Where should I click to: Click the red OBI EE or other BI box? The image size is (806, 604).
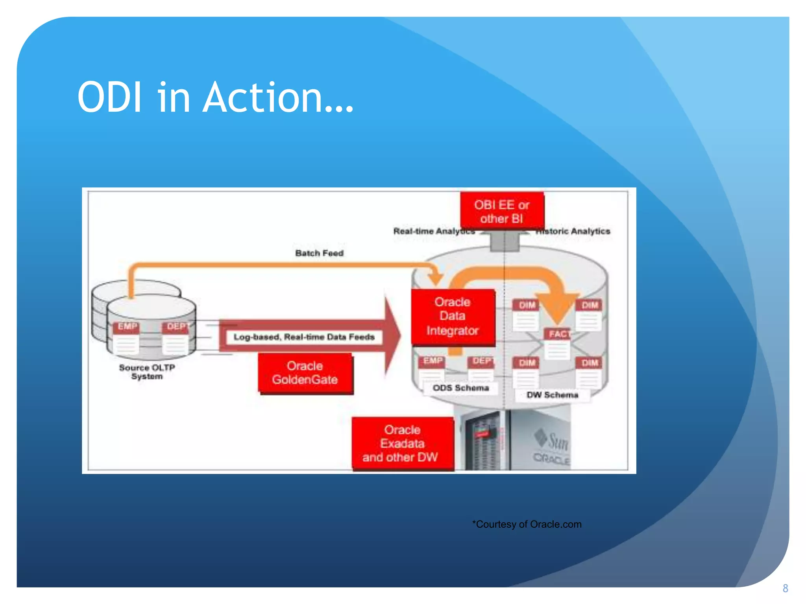coord(502,212)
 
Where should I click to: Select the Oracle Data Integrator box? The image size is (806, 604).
coord(453,317)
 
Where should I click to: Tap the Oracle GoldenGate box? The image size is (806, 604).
coord(305,373)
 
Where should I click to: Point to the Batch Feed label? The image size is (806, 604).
coord(319,253)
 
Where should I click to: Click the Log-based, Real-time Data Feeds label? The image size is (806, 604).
coord(304,337)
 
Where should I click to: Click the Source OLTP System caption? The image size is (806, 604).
coord(147,372)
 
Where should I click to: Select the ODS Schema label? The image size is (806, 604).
coord(460,388)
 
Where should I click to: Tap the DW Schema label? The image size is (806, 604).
coord(552,395)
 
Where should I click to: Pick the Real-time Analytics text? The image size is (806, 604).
coord(433,231)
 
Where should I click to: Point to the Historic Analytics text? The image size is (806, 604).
coord(573,231)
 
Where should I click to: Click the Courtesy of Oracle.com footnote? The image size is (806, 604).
coord(527,524)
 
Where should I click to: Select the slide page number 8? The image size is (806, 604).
coord(785,588)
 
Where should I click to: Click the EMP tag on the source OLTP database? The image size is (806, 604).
coord(127,327)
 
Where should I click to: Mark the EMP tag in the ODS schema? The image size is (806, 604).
coord(433,361)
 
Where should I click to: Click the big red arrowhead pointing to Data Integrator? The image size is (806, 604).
coord(392,337)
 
